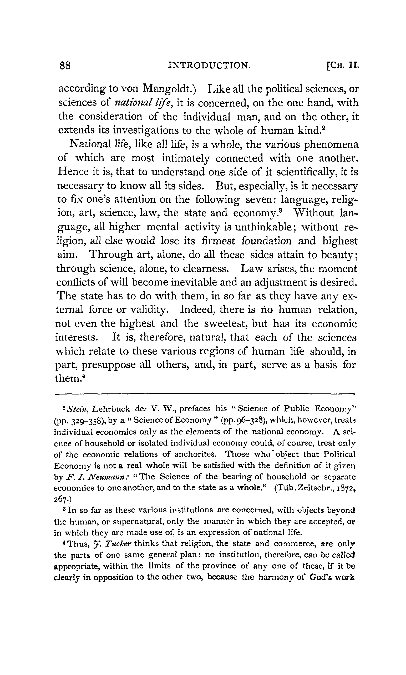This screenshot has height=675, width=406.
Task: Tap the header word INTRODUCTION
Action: (x=209, y=66)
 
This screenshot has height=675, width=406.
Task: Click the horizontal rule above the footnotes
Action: (x=205, y=394)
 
